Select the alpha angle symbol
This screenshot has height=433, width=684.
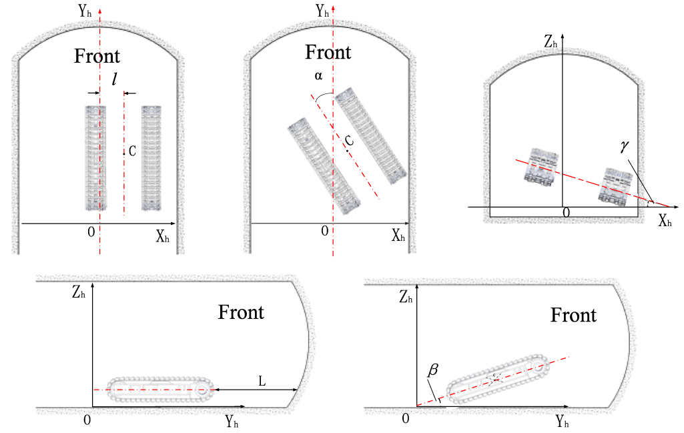319,76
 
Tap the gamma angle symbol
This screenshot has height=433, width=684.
625,147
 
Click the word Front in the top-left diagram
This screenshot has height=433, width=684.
97,57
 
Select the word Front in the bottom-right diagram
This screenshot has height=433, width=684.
573,315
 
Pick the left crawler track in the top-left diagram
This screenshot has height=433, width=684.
95,157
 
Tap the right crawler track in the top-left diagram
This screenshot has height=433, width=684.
151,157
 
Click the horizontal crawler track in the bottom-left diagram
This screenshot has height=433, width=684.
160,390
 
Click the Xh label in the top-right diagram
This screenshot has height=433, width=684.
665,222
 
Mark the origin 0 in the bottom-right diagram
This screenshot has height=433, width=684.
406,418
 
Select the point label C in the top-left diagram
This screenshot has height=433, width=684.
132,151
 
